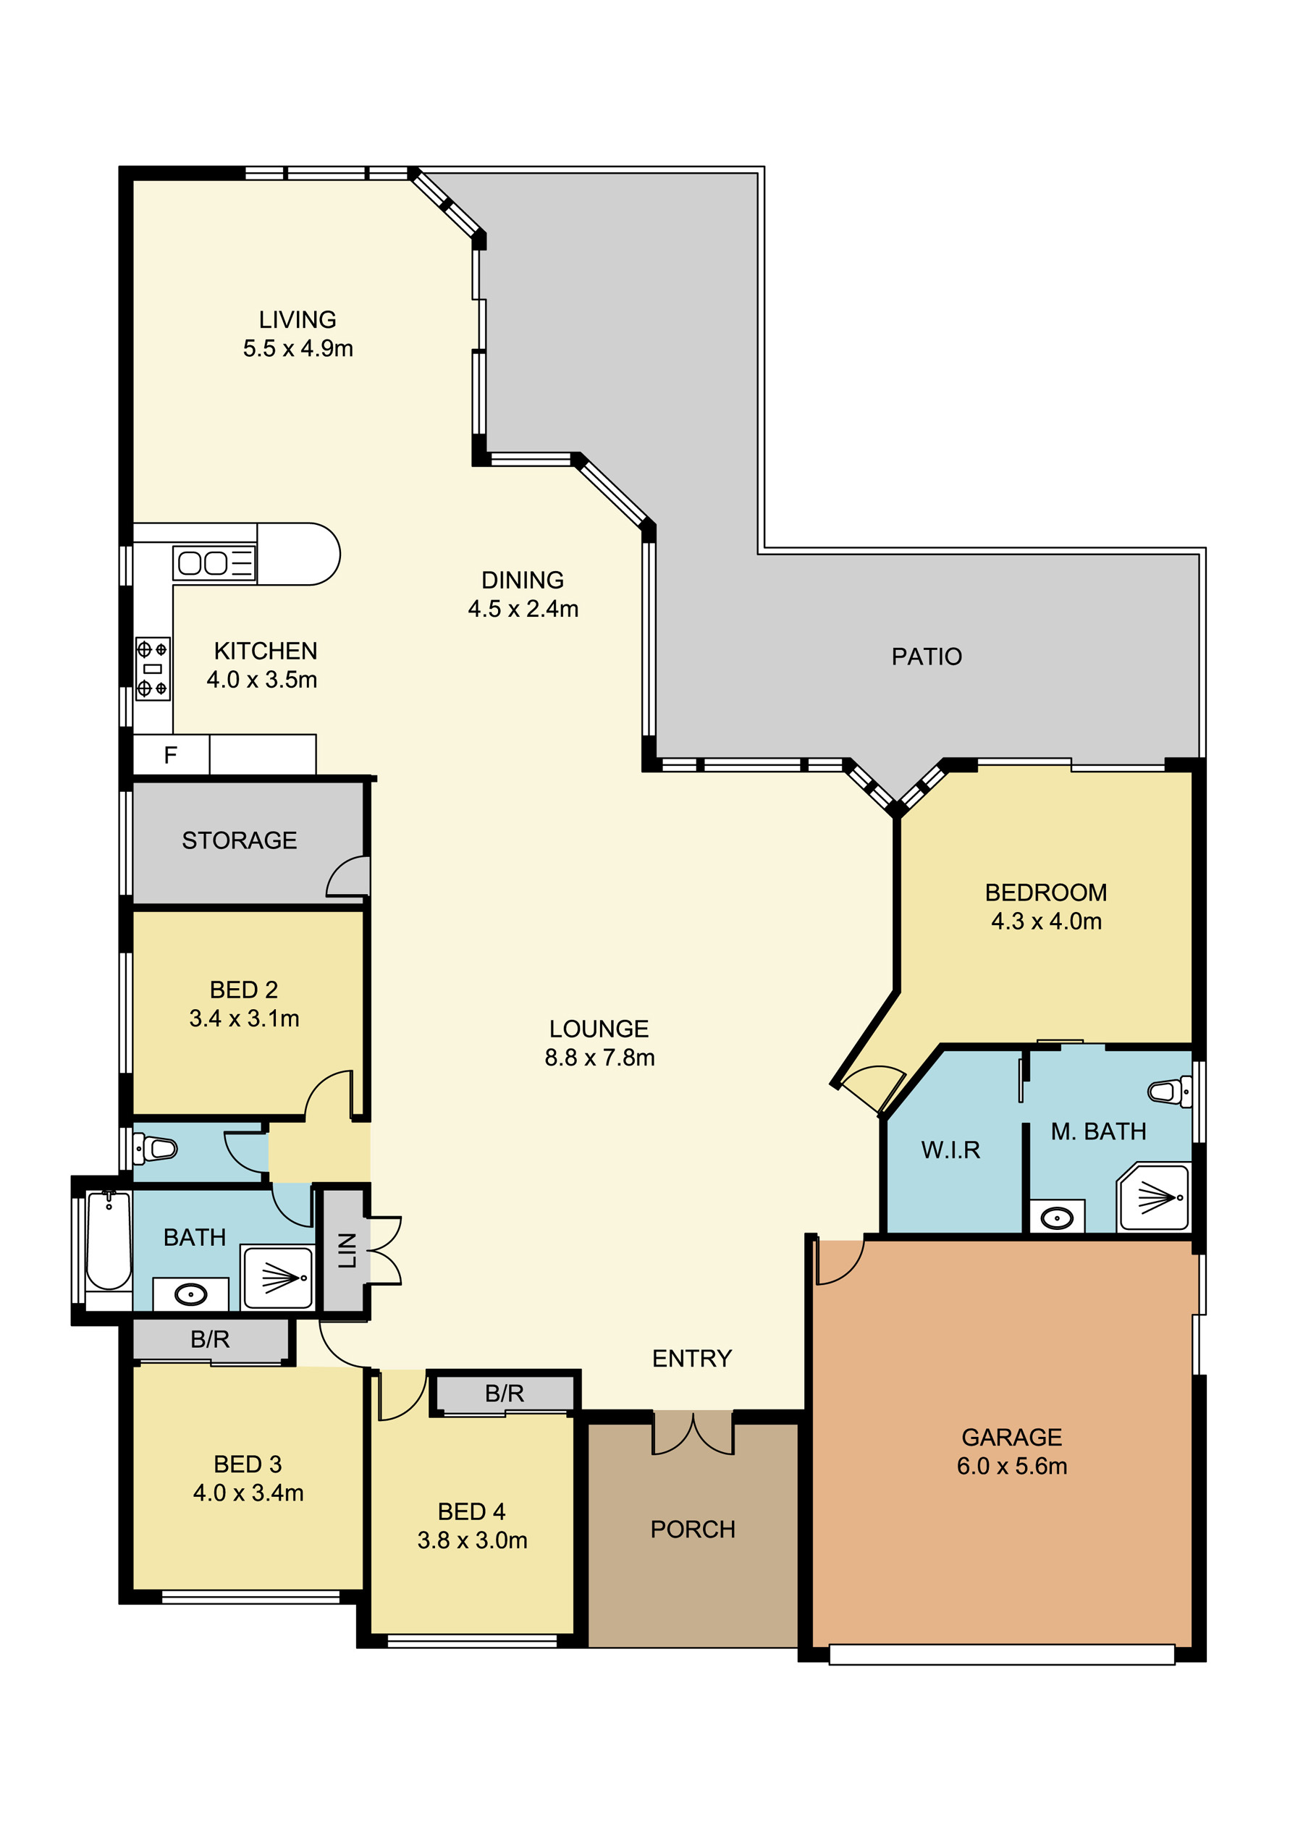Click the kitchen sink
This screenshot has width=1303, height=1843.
214,562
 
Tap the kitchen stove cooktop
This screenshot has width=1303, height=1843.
153,669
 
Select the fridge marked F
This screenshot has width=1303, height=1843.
171,754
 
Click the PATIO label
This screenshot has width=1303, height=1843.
927,657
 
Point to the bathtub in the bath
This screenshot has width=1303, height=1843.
109,1241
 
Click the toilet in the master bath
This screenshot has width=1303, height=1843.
1170,1092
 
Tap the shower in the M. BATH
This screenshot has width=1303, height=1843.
1154,1197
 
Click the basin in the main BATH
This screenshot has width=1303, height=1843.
191,1294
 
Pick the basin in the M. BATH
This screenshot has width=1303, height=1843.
1057,1218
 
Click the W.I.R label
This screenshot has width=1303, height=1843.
950,1150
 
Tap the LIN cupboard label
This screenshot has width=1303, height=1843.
347,1250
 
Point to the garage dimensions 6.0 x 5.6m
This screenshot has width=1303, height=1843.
1011,1466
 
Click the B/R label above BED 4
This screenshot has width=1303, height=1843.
504,1393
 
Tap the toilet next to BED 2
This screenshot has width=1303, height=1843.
154,1149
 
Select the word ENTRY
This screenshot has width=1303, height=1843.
692,1358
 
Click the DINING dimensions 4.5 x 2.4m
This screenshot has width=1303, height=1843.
523,609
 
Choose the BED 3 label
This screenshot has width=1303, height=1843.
248,1464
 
